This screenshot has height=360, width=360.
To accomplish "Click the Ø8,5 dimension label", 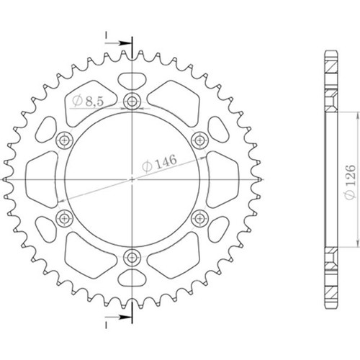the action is [88, 102].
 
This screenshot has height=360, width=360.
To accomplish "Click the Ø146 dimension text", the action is [159, 163].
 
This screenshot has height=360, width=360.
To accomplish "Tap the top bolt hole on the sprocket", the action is [132, 101].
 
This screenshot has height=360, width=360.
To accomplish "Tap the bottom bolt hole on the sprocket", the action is [132, 258].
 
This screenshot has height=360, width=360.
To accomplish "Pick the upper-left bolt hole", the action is [64, 140].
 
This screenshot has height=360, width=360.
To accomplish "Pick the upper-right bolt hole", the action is [199, 140].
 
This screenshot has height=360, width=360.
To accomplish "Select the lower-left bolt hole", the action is [64, 218].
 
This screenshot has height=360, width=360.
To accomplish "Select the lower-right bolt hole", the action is [199, 218].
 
